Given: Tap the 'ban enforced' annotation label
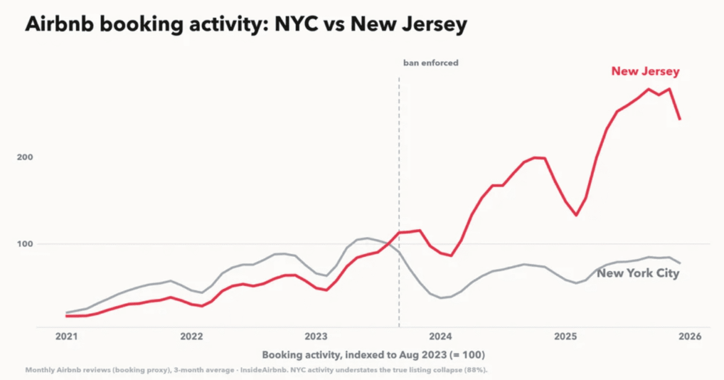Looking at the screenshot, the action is click(x=431, y=63).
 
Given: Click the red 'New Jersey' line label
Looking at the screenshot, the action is click(x=645, y=71).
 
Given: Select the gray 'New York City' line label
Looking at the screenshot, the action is click(x=638, y=274).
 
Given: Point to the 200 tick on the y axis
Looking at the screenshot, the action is click(x=25, y=157).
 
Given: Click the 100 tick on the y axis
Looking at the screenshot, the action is click(x=25, y=244).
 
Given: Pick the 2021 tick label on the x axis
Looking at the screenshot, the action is click(x=66, y=337).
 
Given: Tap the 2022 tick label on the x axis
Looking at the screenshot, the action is click(x=191, y=337).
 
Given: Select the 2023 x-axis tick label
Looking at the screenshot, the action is click(x=316, y=337).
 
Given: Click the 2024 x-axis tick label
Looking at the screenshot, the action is click(x=441, y=337).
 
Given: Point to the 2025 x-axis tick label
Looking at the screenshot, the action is click(x=565, y=337).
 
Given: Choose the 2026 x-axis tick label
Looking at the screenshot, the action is click(x=690, y=337).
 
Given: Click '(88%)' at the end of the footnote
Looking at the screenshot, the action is click(x=477, y=370).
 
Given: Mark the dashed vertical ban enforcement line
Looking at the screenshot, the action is click(x=399, y=202).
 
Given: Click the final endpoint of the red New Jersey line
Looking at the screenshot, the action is click(x=679, y=119).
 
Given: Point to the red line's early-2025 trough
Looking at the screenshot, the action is click(x=575, y=215).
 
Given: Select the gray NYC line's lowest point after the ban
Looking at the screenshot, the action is click(x=441, y=298).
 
